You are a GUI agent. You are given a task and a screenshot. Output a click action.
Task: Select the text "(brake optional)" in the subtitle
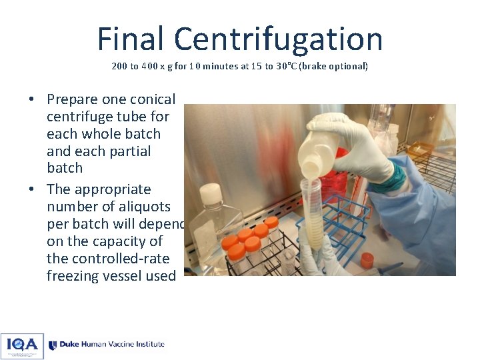click(333, 67)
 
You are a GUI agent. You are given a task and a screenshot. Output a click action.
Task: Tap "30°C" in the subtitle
click(288, 67)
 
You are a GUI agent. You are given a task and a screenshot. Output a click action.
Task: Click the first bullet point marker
click(31, 100)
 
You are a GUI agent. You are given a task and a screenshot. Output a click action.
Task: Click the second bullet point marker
click(31, 190)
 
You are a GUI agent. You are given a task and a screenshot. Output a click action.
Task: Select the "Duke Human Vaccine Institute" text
click(111, 345)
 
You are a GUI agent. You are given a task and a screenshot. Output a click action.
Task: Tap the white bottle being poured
click(320, 150)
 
